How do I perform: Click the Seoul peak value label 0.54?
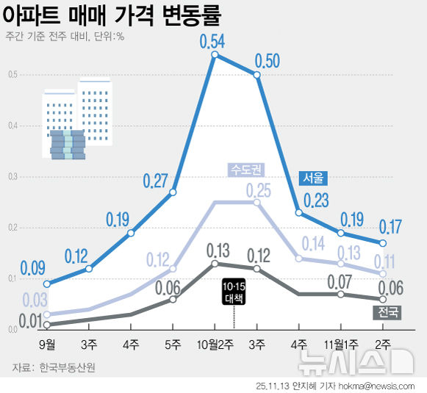213,40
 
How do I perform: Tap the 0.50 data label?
268,60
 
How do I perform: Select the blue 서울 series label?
312,179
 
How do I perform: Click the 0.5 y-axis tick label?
13,74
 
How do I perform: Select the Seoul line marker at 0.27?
173,192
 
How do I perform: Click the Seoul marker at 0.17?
383,243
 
